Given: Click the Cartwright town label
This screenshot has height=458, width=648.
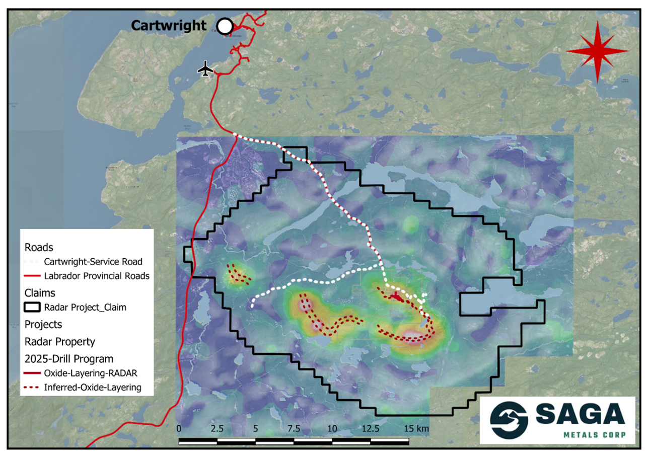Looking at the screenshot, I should tap(169, 25).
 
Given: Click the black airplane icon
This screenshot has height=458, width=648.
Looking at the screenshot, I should tap(205, 69).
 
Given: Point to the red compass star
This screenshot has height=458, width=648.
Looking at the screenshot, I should tap(597, 51).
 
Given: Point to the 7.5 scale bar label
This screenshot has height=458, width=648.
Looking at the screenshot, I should tap(294, 429).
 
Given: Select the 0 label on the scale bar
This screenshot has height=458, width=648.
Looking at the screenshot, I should tap(179, 429).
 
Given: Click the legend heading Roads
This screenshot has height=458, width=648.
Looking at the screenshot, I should tap(39, 248).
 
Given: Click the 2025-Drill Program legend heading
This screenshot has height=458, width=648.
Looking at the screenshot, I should tap(69, 359).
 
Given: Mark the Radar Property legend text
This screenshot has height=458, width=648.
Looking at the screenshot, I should tap(59, 342).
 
